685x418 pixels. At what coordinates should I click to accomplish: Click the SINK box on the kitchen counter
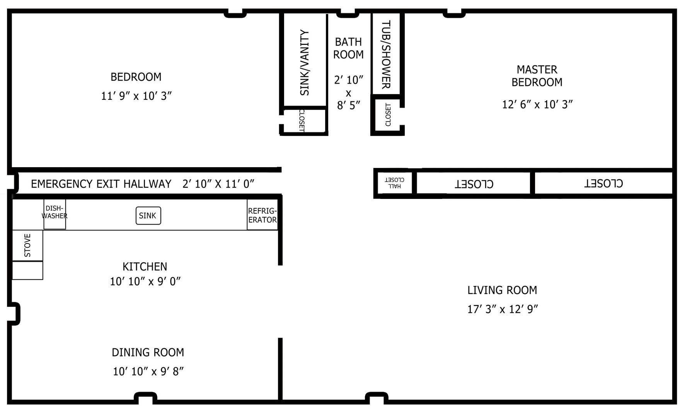(x=148, y=216)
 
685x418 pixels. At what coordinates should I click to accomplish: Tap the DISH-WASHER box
(x=55, y=214)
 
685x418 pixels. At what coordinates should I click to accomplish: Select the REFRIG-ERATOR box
(x=262, y=215)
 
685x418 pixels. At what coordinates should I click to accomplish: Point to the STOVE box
(x=27, y=245)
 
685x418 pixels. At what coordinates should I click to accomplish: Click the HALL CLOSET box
(x=395, y=183)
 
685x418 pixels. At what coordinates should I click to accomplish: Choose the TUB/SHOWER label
(x=387, y=54)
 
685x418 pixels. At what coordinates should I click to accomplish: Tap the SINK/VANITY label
(x=305, y=63)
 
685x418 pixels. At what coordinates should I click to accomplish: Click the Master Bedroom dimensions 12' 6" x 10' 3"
(x=537, y=104)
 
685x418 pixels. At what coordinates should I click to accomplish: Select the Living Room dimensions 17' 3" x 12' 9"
(x=503, y=309)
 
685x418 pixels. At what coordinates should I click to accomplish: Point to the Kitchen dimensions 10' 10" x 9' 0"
(x=145, y=281)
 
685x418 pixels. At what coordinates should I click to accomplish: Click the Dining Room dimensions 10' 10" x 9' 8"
(x=148, y=372)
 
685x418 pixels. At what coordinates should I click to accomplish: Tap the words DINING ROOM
(x=148, y=353)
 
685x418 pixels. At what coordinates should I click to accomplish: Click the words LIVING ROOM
(x=502, y=290)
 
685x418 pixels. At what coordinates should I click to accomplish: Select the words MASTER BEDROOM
(x=537, y=76)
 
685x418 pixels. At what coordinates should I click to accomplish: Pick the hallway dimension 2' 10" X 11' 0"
(x=218, y=184)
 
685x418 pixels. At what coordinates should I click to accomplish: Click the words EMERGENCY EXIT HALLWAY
(x=101, y=184)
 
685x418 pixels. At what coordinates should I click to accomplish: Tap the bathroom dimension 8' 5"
(x=349, y=105)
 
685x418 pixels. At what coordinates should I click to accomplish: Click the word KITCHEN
(x=145, y=267)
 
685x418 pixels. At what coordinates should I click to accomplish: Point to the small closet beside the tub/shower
(x=387, y=115)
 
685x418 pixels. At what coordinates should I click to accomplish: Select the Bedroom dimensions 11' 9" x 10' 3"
(x=136, y=96)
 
